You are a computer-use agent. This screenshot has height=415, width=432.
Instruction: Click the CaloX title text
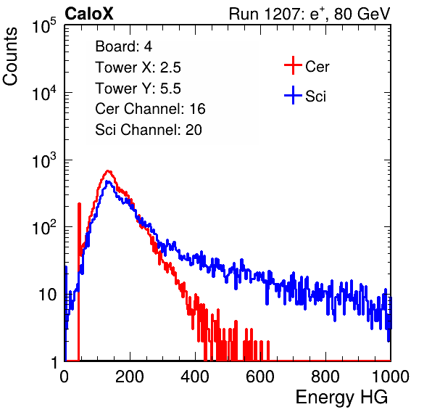click(x=89, y=14)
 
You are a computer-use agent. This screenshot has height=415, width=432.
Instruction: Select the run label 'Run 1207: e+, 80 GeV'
click(x=310, y=14)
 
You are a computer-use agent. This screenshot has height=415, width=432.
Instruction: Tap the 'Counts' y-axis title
click(x=10, y=57)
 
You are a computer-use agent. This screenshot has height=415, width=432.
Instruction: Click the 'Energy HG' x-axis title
click(x=341, y=398)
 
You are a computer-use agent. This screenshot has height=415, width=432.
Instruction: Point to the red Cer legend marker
click(x=293, y=65)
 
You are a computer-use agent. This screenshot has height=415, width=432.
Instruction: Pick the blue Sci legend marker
click(x=293, y=95)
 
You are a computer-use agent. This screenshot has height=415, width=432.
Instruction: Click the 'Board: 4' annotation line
click(x=123, y=46)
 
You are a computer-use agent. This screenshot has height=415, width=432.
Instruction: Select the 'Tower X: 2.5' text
click(x=138, y=67)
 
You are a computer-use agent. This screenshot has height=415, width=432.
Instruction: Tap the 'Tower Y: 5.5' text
click(x=138, y=89)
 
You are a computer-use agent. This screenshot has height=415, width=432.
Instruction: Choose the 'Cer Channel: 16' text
click(x=150, y=109)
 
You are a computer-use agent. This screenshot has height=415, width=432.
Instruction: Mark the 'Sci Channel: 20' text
click(x=149, y=130)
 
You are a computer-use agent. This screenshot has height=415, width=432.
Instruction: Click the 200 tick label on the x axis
click(x=130, y=377)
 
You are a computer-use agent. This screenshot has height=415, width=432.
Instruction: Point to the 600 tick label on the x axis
click(x=260, y=377)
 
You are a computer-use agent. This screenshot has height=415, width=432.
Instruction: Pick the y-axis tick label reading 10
click(x=48, y=295)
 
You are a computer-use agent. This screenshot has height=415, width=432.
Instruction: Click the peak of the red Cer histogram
click(x=108, y=170)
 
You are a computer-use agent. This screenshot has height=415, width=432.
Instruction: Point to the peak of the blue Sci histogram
click(x=108, y=181)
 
